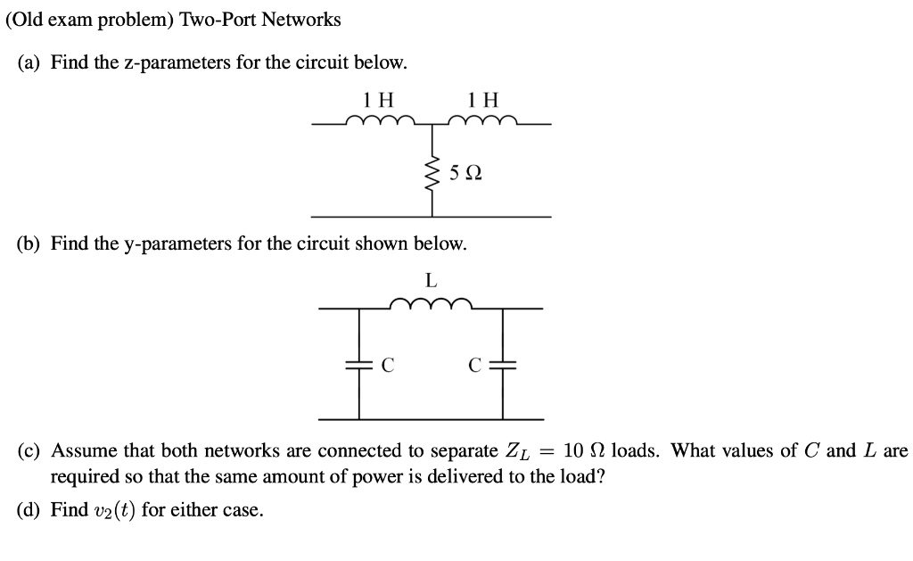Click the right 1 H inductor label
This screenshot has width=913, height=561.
pos(484,99)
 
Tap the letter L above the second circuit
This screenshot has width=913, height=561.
pos(431,280)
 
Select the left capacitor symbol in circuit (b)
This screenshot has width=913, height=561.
pos(360,364)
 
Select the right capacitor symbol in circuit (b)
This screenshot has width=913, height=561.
pos(503,364)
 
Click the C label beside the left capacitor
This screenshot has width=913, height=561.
pos(387,365)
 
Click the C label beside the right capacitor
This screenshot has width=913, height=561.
pos(475,365)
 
